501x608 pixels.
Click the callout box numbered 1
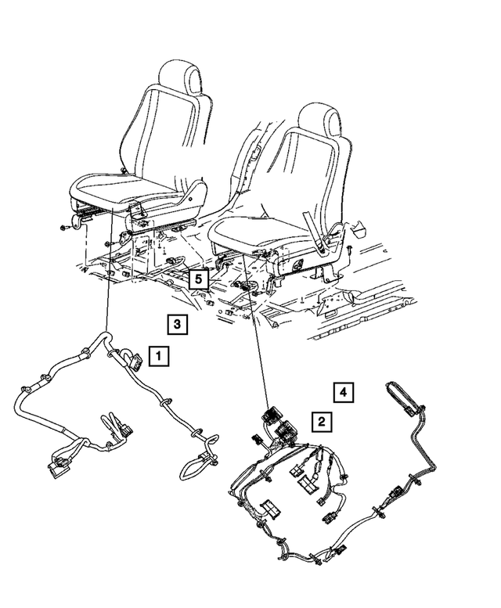click(157, 357)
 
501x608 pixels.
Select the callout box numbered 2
click(319, 422)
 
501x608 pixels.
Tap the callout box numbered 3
click(177, 323)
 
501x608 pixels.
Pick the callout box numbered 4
click(342, 390)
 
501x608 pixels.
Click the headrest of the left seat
click(181, 80)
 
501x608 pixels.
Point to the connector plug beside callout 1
click(135, 362)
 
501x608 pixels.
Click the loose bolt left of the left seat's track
click(62, 228)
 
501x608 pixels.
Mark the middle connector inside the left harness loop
click(123, 426)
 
